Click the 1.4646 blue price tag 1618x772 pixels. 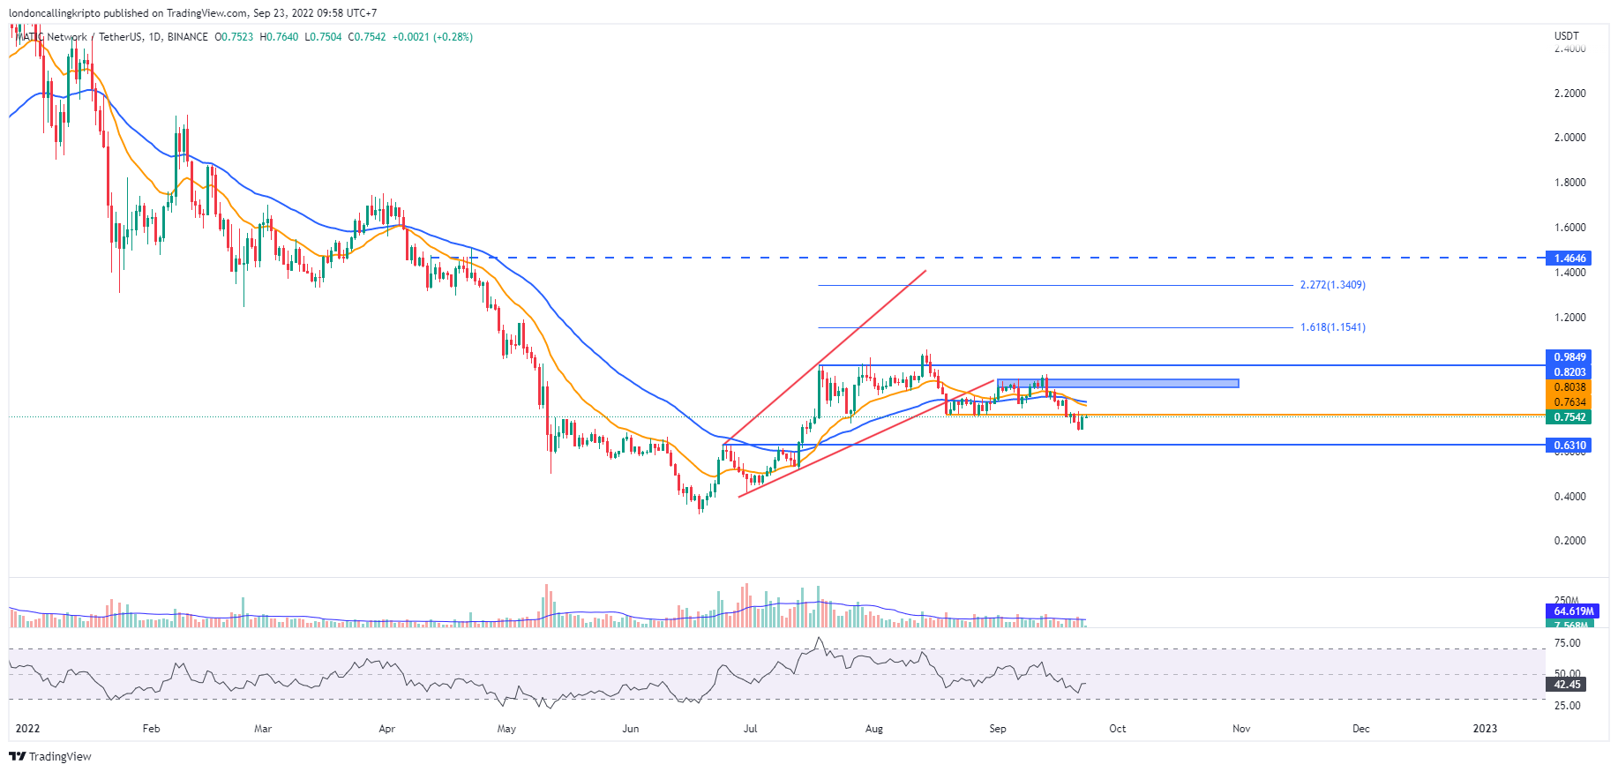point(1569,259)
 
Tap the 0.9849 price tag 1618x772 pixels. point(1569,357)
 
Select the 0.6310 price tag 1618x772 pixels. point(1569,446)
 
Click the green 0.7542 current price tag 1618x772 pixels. point(1569,417)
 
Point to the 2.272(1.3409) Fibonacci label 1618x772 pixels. point(1332,285)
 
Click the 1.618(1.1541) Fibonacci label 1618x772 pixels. point(1332,327)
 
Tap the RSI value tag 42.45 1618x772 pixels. point(1567,685)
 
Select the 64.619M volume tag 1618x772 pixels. point(1573,611)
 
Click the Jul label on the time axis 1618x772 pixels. point(750,729)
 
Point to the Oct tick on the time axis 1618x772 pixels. point(1118,729)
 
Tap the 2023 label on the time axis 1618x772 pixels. point(1485,729)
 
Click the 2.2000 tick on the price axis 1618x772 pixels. point(1569,94)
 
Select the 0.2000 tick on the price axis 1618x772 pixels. point(1569,541)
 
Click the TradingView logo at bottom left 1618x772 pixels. point(50,756)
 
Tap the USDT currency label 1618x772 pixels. point(1566,36)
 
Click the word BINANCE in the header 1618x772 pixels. point(187,37)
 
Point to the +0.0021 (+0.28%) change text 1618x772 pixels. point(432,37)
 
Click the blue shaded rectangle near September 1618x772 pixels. point(1118,383)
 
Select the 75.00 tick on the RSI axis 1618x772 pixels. point(1567,643)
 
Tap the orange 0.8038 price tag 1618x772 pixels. point(1569,387)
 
